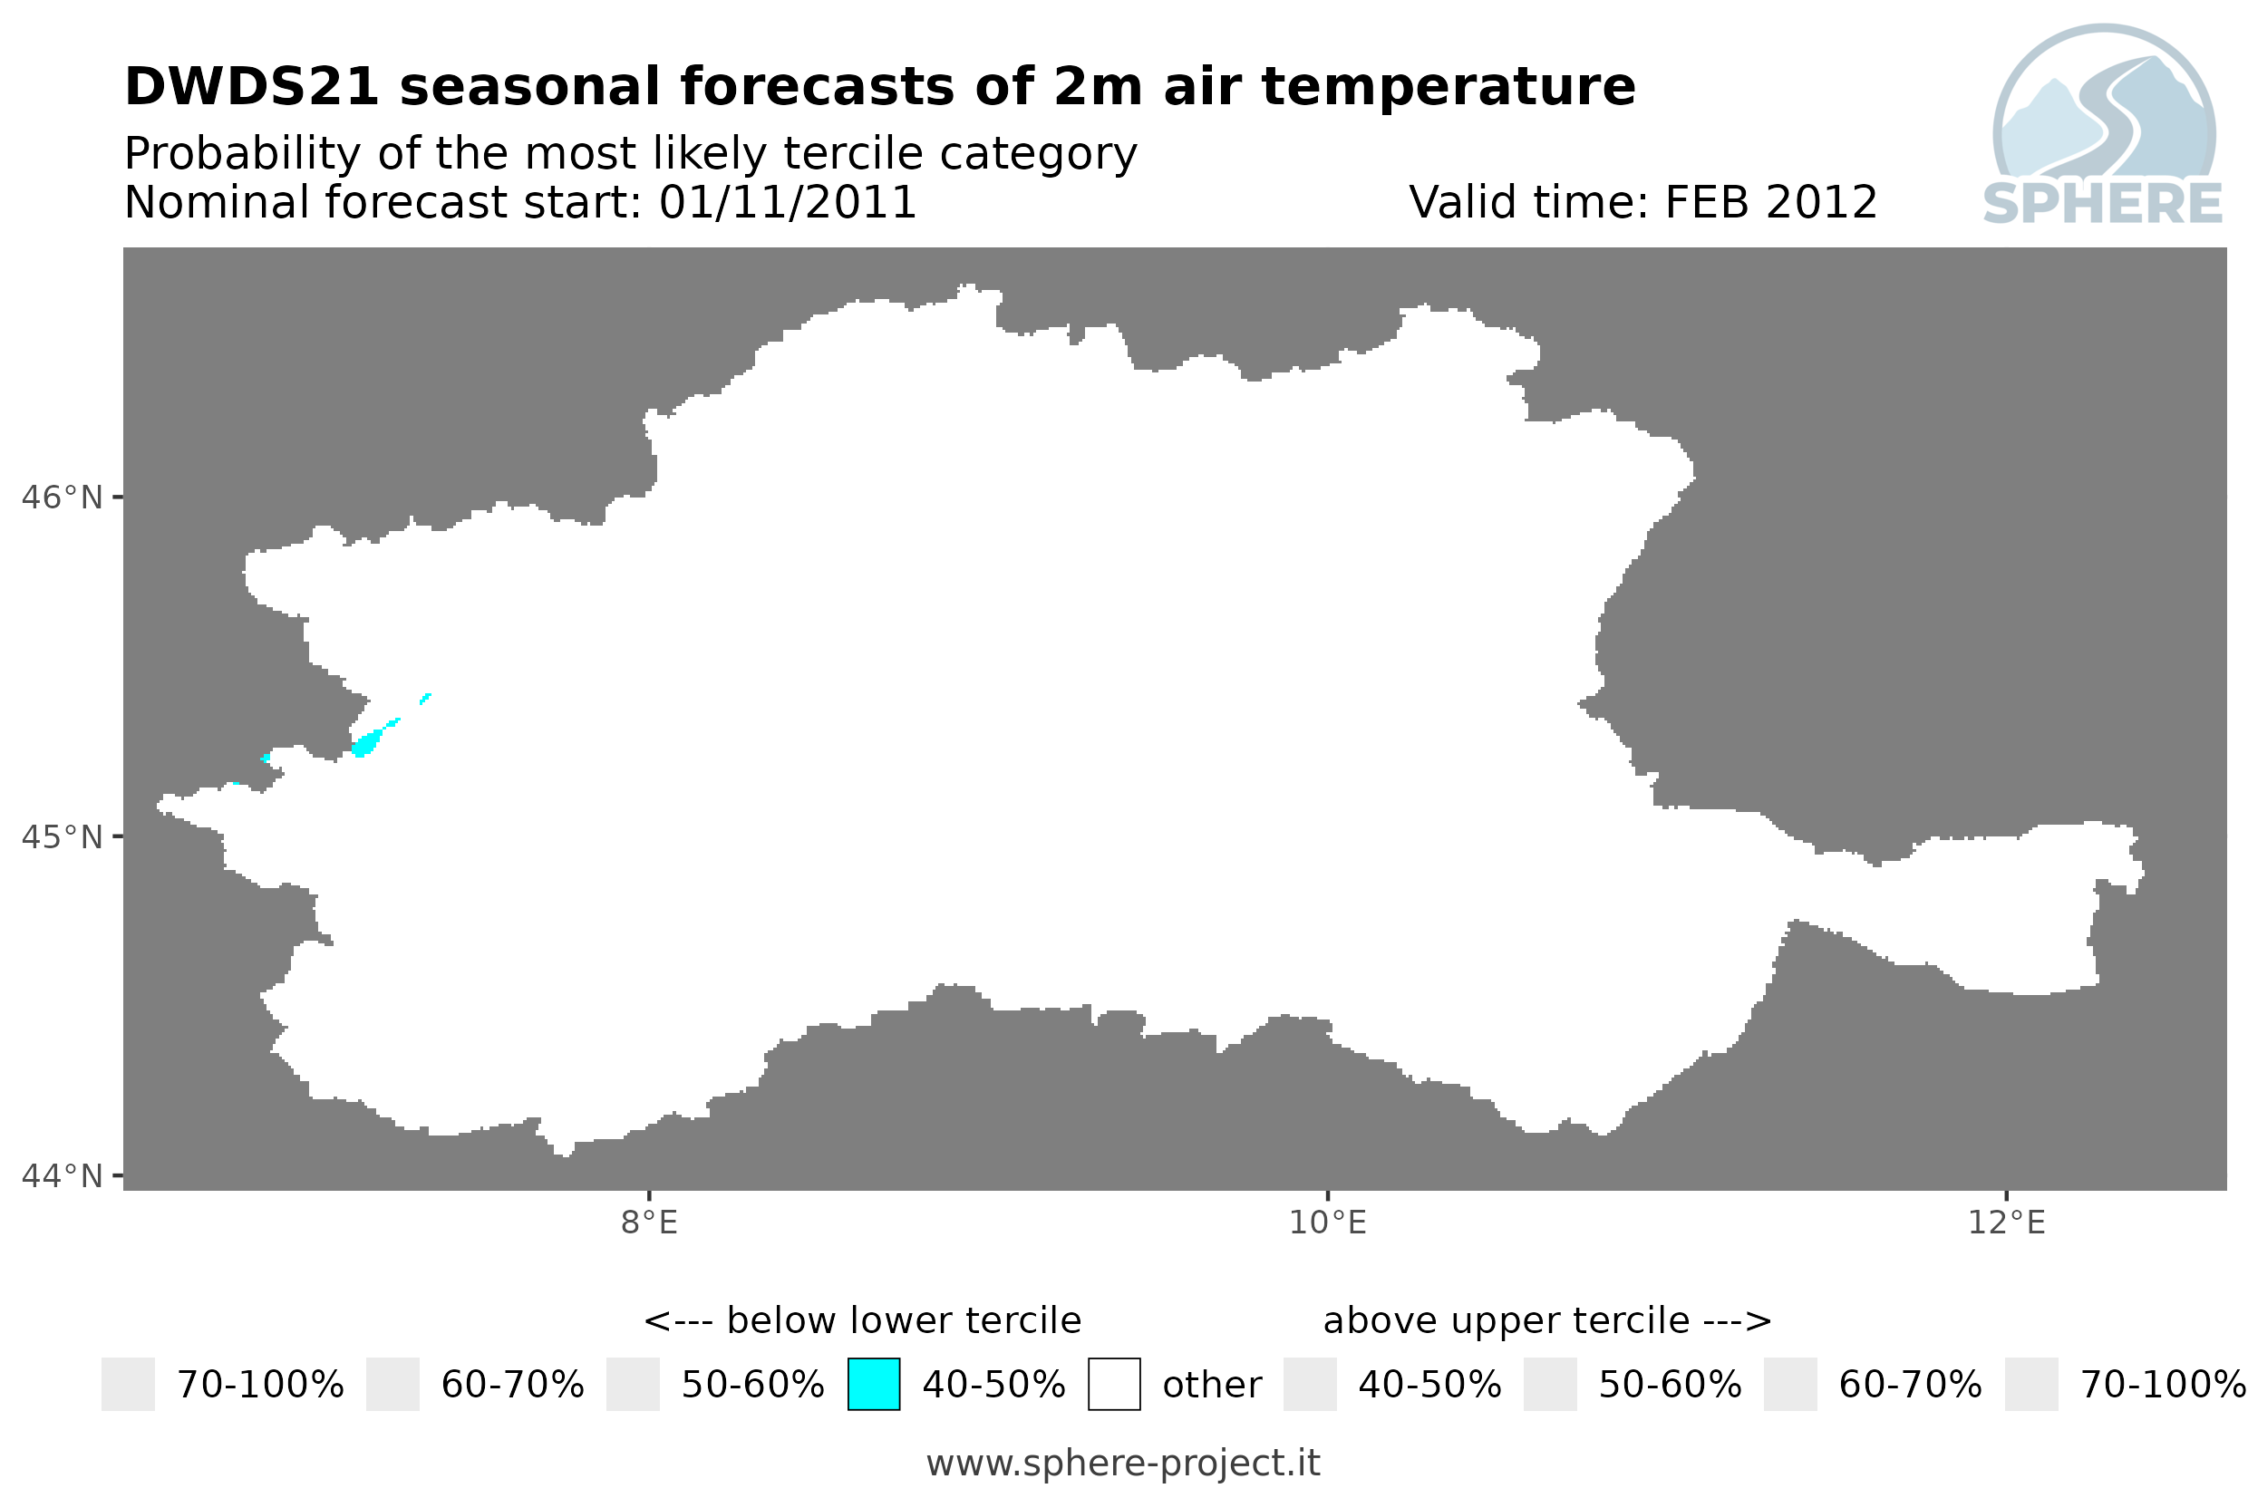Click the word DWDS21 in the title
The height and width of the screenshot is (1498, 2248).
(252, 87)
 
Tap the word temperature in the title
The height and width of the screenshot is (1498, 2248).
(1449, 87)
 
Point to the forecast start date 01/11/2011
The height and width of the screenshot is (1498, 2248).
(787, 202)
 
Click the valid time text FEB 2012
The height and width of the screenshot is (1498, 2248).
(1771, 202)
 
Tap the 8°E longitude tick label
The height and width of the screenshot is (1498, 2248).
(650, 1222)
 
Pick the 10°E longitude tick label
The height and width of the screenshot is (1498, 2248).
(1328, 1222)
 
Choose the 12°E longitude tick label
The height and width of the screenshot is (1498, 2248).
(2006, 1222)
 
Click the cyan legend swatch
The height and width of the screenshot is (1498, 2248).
(873, 1383)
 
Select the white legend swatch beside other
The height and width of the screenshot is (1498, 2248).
(1114, 1383)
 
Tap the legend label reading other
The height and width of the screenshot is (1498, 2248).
(1212, 1385)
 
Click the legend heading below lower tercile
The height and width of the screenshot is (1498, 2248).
(863, 1320)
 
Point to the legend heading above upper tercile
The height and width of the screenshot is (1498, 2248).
(1547, 1320)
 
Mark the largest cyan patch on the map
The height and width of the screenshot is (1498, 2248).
(366, 742)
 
